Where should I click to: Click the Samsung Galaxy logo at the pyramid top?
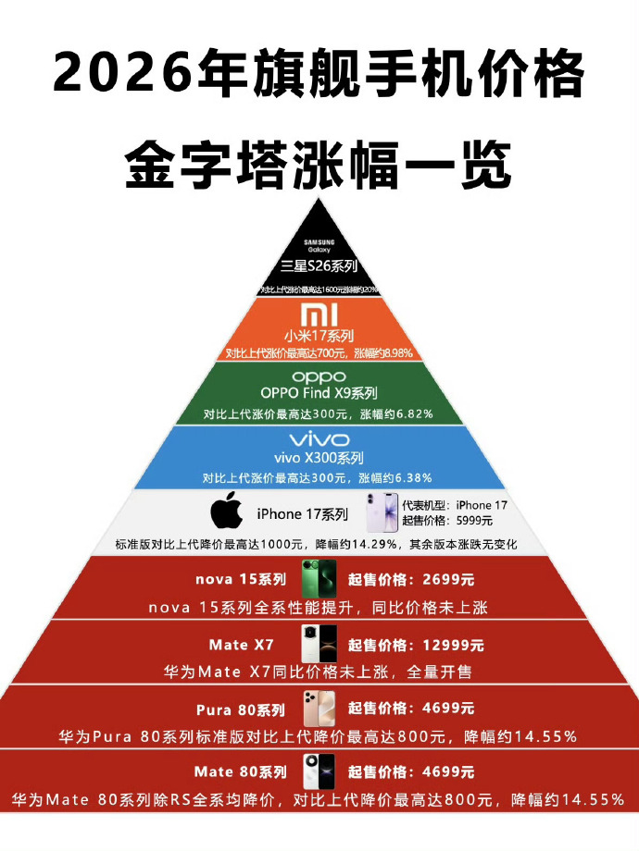click(319, 245)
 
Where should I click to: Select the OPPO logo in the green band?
click(319, 377)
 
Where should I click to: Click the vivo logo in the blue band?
click(319, 439)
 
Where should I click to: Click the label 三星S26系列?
click(319, 269)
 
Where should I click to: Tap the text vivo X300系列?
click(319, 458)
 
